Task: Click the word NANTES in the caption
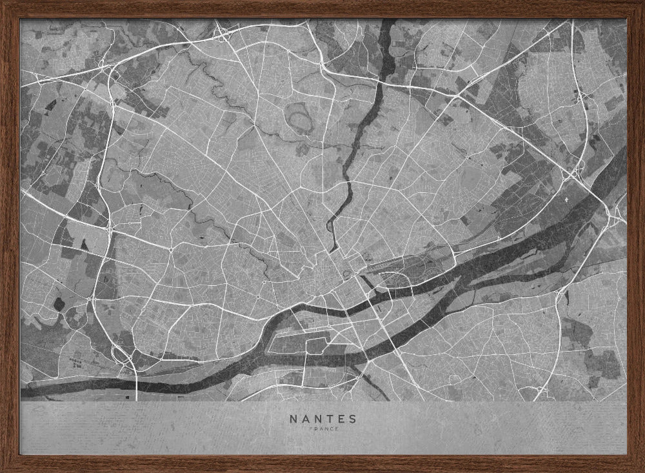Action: click(x=322, y=418)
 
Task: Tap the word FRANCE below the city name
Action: click(x=322, y=429)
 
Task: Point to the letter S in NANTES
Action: click(x=352, y=418)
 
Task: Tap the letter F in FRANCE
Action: click(x=311, y=429)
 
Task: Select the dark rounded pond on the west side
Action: click(x=59, y=303)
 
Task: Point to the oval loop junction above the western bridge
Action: click(x=120, y=352)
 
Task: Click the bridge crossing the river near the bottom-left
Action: click(x=137, y=385)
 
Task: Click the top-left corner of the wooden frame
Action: click(x=3, y=3)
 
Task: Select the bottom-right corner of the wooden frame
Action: click(x=641, y=469)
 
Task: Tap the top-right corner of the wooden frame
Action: click(x=641, y=3)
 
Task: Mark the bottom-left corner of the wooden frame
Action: click(x=3, y=469)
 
